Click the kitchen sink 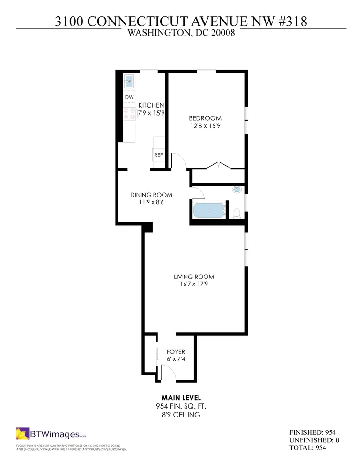(x=129, y=81)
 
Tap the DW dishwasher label (x=129, y=97)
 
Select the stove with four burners (x=129, y=114)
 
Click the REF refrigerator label (x=159, y=155)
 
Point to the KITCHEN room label (x=151, y=105)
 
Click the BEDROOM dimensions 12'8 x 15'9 (x=205, y=126)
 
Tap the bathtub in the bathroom (x=209, y=211)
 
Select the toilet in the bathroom (x=236, y=214)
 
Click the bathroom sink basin (x=237, y=189)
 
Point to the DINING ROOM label (x=151, y=195)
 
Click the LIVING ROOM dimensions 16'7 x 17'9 (x=194, y=284)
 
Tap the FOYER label (x=176, y=351)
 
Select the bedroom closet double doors (x=219, y=165)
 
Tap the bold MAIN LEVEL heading (x=181, y=397)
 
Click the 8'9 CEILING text (x=181, y=415)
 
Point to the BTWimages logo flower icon (x=22, y=433)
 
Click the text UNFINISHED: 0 (x=314, y=440)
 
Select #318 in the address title (x=292, y=22)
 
